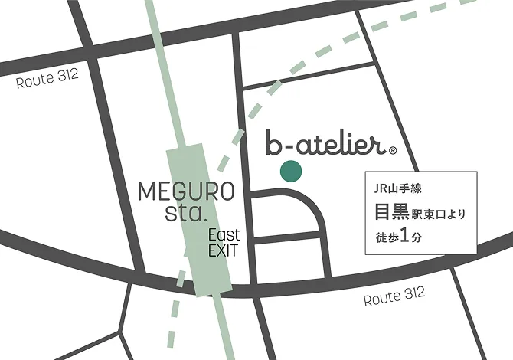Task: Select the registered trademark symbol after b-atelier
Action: coord(393,151)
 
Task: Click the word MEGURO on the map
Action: coord(186,191)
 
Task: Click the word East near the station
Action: coord(224,234)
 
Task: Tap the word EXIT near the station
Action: coord(224,250)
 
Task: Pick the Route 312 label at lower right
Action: coord(394,297)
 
